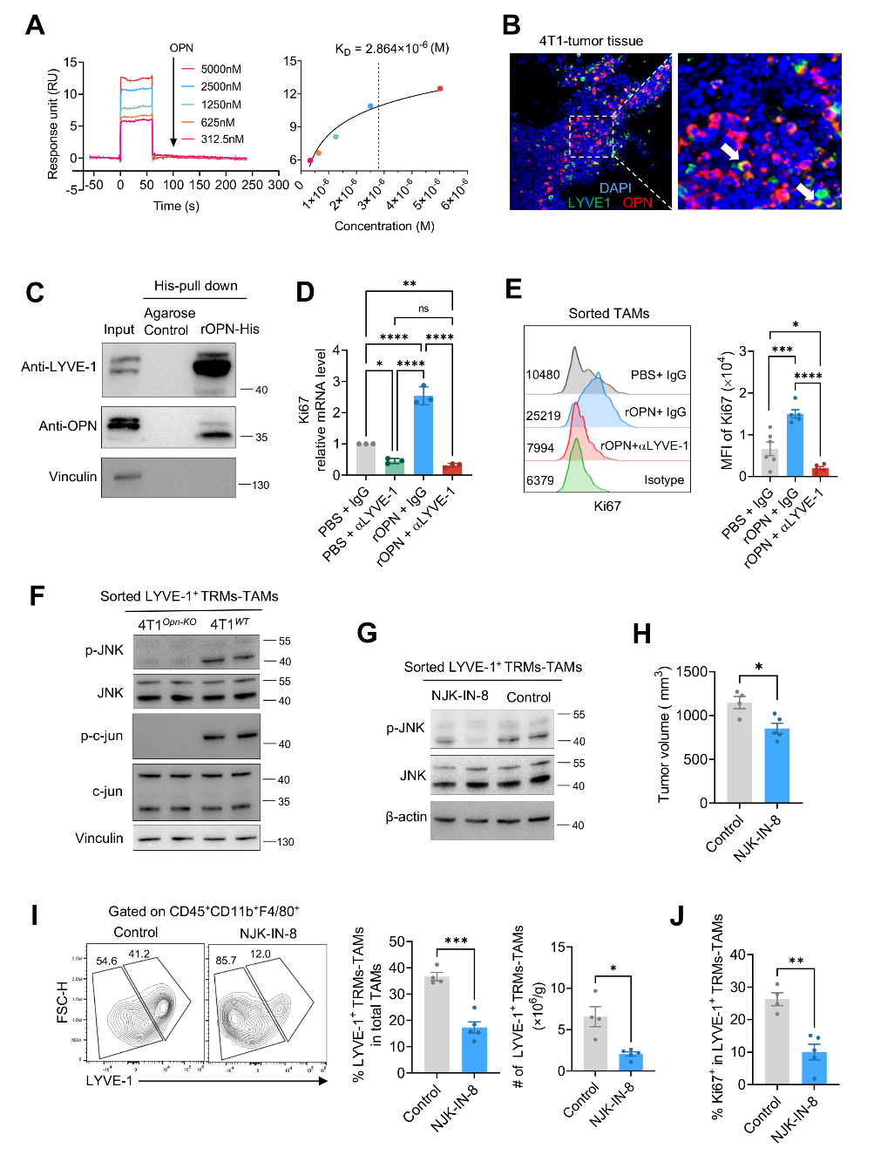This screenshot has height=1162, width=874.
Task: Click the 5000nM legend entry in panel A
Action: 220,69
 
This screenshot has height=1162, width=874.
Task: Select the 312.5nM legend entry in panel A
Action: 222,139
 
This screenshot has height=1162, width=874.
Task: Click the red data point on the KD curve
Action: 440,88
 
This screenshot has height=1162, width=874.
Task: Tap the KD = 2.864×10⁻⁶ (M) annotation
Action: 391,49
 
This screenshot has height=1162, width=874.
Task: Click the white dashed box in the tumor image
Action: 592,136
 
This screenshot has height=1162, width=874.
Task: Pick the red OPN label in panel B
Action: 637,202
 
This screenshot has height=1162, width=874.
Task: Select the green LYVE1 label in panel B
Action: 589,202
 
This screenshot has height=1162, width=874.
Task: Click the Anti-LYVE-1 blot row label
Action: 59,367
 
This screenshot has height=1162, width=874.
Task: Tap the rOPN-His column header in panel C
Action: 230,329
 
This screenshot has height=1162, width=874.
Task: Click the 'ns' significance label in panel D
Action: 423,309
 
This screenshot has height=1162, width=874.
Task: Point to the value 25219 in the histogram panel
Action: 543,416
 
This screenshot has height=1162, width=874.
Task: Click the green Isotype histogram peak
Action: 575,475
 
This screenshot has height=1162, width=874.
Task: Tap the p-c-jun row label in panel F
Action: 102,736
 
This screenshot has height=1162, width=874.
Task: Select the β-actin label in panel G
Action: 406,817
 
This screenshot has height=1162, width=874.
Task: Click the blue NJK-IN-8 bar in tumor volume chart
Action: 776,765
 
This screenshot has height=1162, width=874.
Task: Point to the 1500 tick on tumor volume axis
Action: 691,672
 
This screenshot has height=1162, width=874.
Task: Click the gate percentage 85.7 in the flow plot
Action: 226,960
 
